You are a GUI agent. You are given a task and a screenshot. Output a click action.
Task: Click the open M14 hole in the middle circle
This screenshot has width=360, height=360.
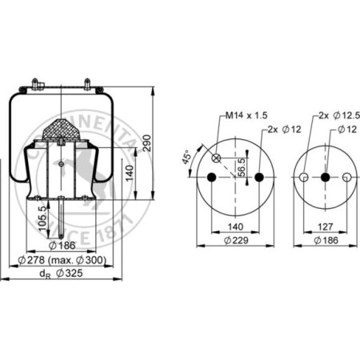tap(216, 158)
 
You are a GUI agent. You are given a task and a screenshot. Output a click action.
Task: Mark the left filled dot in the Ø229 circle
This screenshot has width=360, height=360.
tap(212, 177)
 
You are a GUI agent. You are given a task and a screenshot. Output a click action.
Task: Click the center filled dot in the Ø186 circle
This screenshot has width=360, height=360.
tap(326, 177)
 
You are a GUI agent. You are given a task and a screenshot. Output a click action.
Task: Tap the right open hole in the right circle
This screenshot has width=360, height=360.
tap(346, 177)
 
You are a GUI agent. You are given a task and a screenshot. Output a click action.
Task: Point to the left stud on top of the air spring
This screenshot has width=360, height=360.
tap(38, 82)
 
